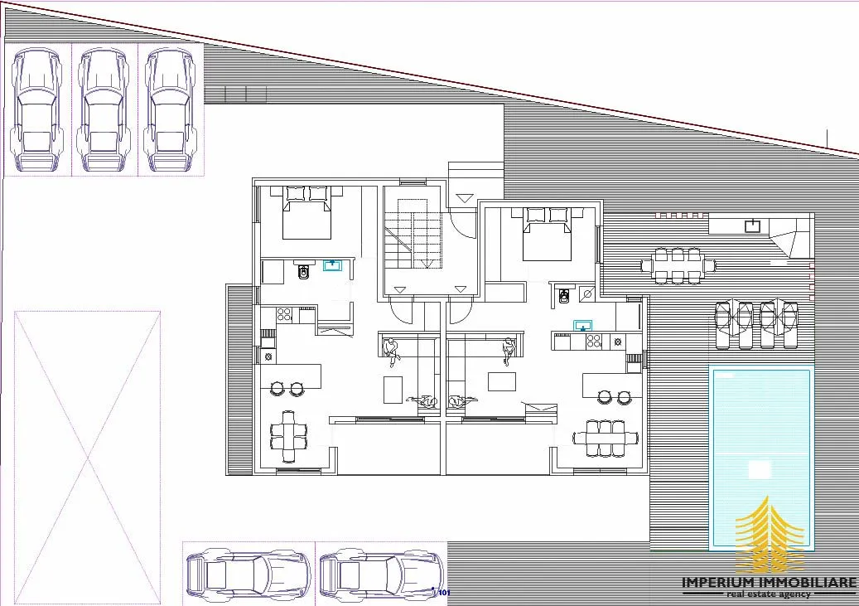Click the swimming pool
click(761, 458)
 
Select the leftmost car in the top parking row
click(37, 110)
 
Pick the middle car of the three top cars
click(103, 110)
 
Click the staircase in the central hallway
click(413, 234)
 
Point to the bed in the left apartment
click(306, 213)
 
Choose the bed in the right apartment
click(548, 234)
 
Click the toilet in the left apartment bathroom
click(303, 269)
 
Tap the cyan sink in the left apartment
click(332, 265)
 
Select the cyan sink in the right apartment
click(583, 326)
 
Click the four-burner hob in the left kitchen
click(284, 314)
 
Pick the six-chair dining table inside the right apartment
click(606, 439)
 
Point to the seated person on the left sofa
click(392, 352)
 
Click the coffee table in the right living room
click(502, 381)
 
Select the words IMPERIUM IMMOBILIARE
click(770, 583)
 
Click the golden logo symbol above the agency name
click(770, 535)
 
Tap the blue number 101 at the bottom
click(444, 593)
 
